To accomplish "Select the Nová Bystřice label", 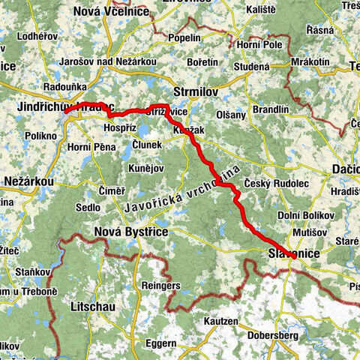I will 131,234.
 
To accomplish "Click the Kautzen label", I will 220,321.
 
